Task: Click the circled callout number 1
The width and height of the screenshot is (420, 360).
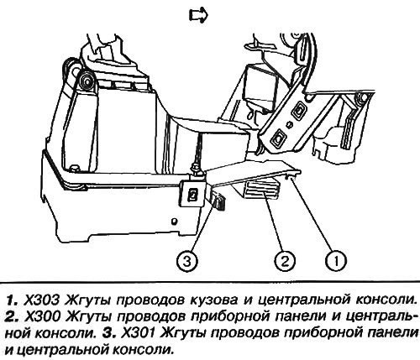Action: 336,261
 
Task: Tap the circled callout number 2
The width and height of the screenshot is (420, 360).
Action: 285,261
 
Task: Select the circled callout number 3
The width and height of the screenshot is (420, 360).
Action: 187,261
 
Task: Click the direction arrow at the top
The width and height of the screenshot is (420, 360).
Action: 198,15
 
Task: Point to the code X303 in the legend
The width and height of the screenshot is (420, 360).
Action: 42,300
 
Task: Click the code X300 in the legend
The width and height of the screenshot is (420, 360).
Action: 43,316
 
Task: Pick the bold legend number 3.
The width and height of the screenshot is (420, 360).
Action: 110,333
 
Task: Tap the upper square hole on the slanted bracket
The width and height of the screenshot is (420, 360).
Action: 297,111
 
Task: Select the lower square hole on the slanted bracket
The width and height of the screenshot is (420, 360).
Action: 278,137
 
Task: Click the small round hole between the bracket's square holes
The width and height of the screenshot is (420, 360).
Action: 290,124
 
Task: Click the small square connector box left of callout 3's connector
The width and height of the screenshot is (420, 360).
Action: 193,193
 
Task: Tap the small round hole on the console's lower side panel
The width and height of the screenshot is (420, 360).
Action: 174,221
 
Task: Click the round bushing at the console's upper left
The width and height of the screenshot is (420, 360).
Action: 87,81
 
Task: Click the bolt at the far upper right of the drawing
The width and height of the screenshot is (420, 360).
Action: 361,98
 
